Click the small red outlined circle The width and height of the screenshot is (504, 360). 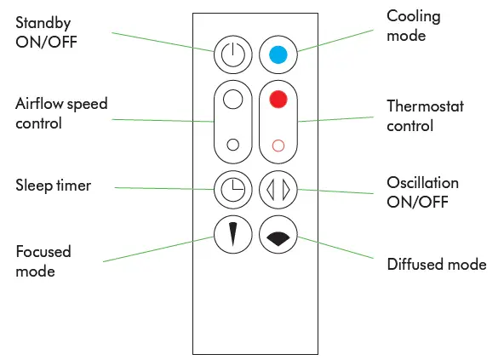(x=278, y=145)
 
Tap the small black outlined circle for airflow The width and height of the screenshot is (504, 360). (x=232, y=144)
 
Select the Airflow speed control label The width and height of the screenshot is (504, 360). (x=61, y=113)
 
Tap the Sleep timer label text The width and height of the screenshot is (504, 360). (x=53, y=186)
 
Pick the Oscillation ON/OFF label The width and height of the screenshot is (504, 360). (x=422, y=191)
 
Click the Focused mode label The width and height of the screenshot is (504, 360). (x=43, y=261)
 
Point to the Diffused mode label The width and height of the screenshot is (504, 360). (x=437, y=265)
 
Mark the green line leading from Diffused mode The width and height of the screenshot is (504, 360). (x=341, y=249)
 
